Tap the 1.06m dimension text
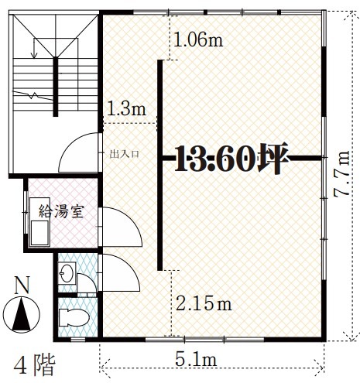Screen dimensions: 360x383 198,39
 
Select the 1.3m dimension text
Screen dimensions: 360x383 126,108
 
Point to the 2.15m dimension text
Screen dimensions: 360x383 204,303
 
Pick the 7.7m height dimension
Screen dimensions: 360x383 341,174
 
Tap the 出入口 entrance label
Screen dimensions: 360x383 125,154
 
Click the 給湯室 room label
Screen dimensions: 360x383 61,211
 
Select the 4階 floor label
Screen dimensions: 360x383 35,366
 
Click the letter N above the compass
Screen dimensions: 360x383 22,286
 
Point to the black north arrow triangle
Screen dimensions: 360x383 22,315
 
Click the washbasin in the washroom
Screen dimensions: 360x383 67,273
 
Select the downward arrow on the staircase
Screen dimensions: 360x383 34,48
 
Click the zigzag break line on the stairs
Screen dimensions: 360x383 33,95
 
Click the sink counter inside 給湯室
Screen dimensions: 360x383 39,222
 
